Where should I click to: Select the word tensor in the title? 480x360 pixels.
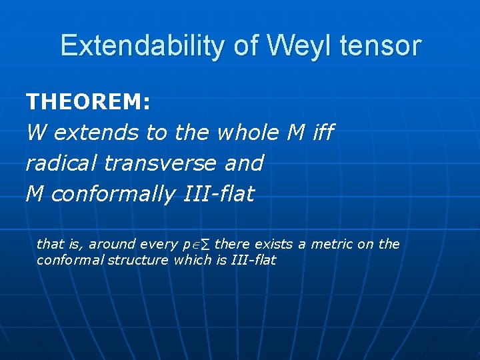point(380,46)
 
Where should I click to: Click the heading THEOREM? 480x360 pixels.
point(88,102)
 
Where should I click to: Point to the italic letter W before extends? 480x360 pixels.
point(37,133)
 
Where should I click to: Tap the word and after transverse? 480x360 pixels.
point(245,163)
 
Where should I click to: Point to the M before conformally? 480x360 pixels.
point(35,194)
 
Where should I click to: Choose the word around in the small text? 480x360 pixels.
point(113,245)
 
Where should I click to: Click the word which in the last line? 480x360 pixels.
point(192,260)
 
